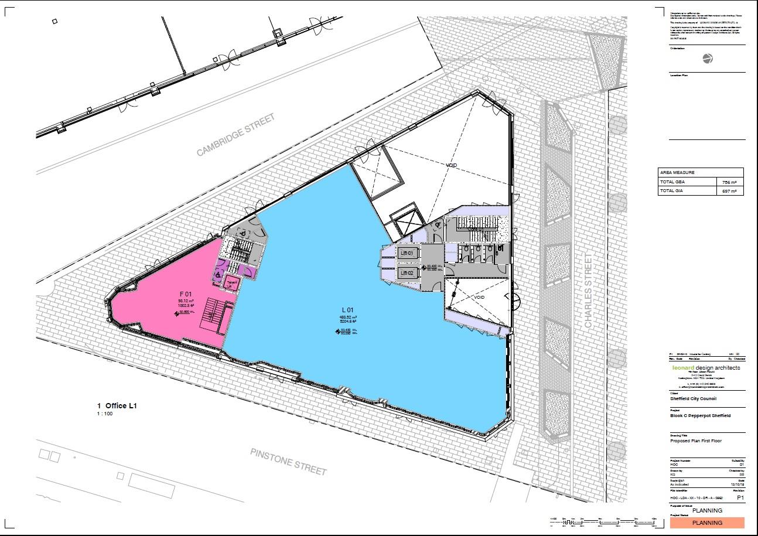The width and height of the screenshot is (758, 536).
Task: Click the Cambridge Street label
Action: coord(235,135)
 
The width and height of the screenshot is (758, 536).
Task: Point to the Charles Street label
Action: coord(589,291)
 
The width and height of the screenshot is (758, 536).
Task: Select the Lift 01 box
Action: coord(407,254)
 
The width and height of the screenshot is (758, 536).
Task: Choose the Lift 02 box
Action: coord(407,273)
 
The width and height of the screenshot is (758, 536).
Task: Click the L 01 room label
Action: coord(347,310)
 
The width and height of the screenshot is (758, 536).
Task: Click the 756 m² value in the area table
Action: coord(730,182)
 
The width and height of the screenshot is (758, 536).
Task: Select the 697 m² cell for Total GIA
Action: coord(730,191)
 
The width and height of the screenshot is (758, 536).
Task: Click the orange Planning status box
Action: coord(707,523)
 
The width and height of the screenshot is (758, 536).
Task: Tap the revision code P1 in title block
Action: coord(740,497)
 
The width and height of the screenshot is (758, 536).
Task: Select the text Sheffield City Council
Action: coord(693,399)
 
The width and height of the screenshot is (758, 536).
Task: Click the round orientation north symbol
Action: coord(707,58)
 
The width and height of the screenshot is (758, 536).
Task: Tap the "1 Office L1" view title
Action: coord(117,405)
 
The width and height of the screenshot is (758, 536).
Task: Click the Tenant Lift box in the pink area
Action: coord(233,284)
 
